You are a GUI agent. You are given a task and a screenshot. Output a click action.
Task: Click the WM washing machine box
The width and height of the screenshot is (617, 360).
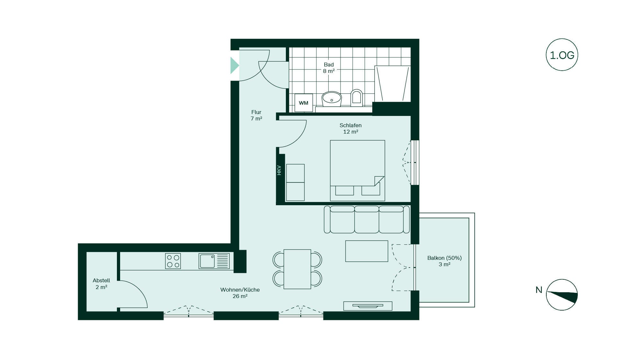(304, 103)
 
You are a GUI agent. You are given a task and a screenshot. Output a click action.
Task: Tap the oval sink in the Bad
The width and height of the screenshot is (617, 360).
(332, 99)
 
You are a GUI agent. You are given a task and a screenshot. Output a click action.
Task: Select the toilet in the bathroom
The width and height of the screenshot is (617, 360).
(356, 98)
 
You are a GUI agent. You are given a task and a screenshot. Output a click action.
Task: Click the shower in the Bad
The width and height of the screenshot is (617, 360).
(392, 84)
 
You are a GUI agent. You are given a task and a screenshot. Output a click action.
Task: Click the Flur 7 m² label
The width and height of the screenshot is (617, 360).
(256, 115)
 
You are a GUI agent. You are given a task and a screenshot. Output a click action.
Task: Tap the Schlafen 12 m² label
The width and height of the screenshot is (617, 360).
(350, 128)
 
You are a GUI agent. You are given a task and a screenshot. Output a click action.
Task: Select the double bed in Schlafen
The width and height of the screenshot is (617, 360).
(357, 171)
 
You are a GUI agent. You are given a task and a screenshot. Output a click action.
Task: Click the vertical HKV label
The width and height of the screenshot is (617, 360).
(279, 170)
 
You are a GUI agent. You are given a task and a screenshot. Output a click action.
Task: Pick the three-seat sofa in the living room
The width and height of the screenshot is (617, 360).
(367, 219)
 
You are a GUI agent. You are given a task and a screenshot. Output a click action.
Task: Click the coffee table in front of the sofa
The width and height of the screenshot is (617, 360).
(366, 251)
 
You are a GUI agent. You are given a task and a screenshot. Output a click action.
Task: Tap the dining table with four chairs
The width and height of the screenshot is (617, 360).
(297, 269)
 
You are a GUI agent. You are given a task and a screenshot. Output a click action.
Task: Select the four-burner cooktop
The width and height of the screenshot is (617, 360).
(173, 261)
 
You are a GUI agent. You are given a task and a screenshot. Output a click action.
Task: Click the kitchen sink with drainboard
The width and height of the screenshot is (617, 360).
(214, 261)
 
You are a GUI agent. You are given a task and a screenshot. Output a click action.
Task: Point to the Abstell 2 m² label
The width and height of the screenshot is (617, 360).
(101, 284)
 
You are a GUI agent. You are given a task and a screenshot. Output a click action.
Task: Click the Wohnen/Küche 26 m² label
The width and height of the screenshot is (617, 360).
(240, 293)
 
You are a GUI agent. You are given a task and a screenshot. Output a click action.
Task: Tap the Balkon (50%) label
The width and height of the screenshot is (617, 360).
(445, 258)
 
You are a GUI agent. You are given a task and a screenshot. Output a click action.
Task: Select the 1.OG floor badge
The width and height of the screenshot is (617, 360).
(562, 55)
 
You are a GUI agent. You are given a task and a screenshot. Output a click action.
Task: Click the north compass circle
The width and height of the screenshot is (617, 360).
(562, 295)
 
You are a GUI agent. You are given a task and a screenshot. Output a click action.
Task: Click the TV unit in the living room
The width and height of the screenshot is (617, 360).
(368, 306)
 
